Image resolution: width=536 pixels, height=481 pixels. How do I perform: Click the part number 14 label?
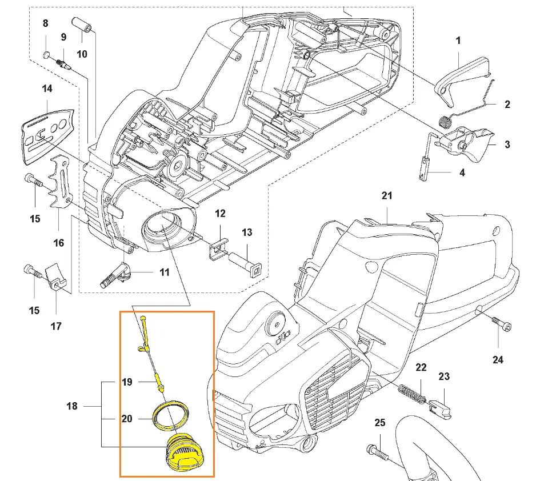[x=47, y=89]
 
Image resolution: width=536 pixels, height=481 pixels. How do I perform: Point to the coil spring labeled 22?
[x=413, y=394]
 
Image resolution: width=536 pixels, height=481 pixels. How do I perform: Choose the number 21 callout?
[x=387, y=196]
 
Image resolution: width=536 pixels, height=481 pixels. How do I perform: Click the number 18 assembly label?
[x=72, y=406]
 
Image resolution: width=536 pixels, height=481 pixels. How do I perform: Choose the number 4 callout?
[x=461, y=173]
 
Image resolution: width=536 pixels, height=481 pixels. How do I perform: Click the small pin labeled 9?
[x=65, y=58]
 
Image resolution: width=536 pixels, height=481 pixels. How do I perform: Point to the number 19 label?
[x=127, y=382]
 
